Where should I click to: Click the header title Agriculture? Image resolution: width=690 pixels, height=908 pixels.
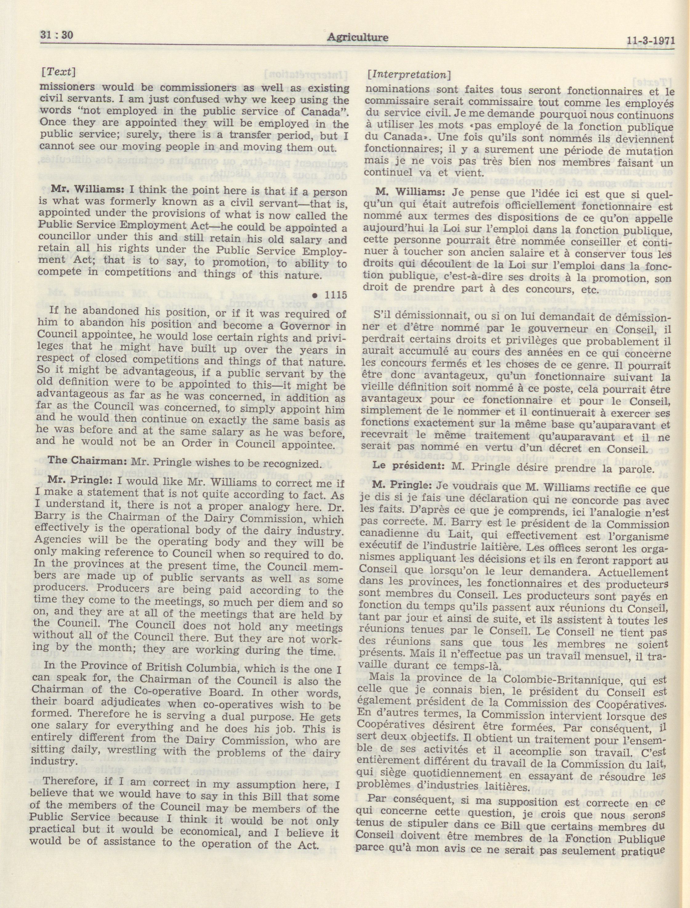coord(357,38)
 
